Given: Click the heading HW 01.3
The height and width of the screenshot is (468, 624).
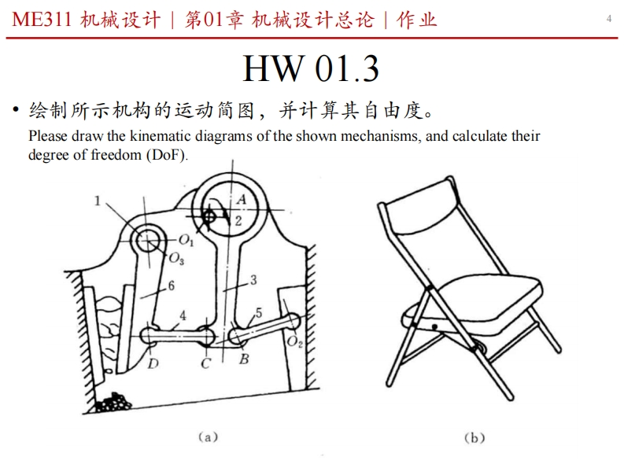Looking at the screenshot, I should click(311, 69).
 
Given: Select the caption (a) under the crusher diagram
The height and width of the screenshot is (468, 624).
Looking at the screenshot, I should click(206, 437).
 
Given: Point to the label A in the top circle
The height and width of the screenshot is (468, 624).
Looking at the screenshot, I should click(241, 201).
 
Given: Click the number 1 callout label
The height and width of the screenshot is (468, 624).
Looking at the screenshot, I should click(98, 201).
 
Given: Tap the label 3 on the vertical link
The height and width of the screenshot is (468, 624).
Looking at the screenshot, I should click(253, 279).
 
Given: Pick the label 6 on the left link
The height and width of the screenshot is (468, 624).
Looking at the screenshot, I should click(171, 286).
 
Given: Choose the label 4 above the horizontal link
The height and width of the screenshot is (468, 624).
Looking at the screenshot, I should click(183, 316).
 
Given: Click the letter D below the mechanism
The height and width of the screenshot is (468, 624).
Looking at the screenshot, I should click(153, 363).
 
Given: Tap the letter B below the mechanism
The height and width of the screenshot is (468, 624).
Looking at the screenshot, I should click(245, 360).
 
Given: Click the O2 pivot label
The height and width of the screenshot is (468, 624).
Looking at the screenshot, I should click(294, 343).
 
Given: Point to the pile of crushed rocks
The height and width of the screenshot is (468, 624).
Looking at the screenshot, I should click(114, 402).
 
